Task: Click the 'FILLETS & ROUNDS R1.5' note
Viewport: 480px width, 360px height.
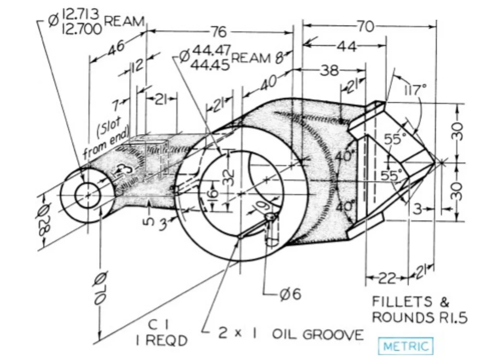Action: click(x=420, y=310)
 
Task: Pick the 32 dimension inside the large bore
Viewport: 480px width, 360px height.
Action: click(x=229, y=179)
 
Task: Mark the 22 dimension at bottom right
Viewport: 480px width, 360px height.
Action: click(x=387, y=278)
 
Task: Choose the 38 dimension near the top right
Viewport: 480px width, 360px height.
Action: click(x=329, y=71)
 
